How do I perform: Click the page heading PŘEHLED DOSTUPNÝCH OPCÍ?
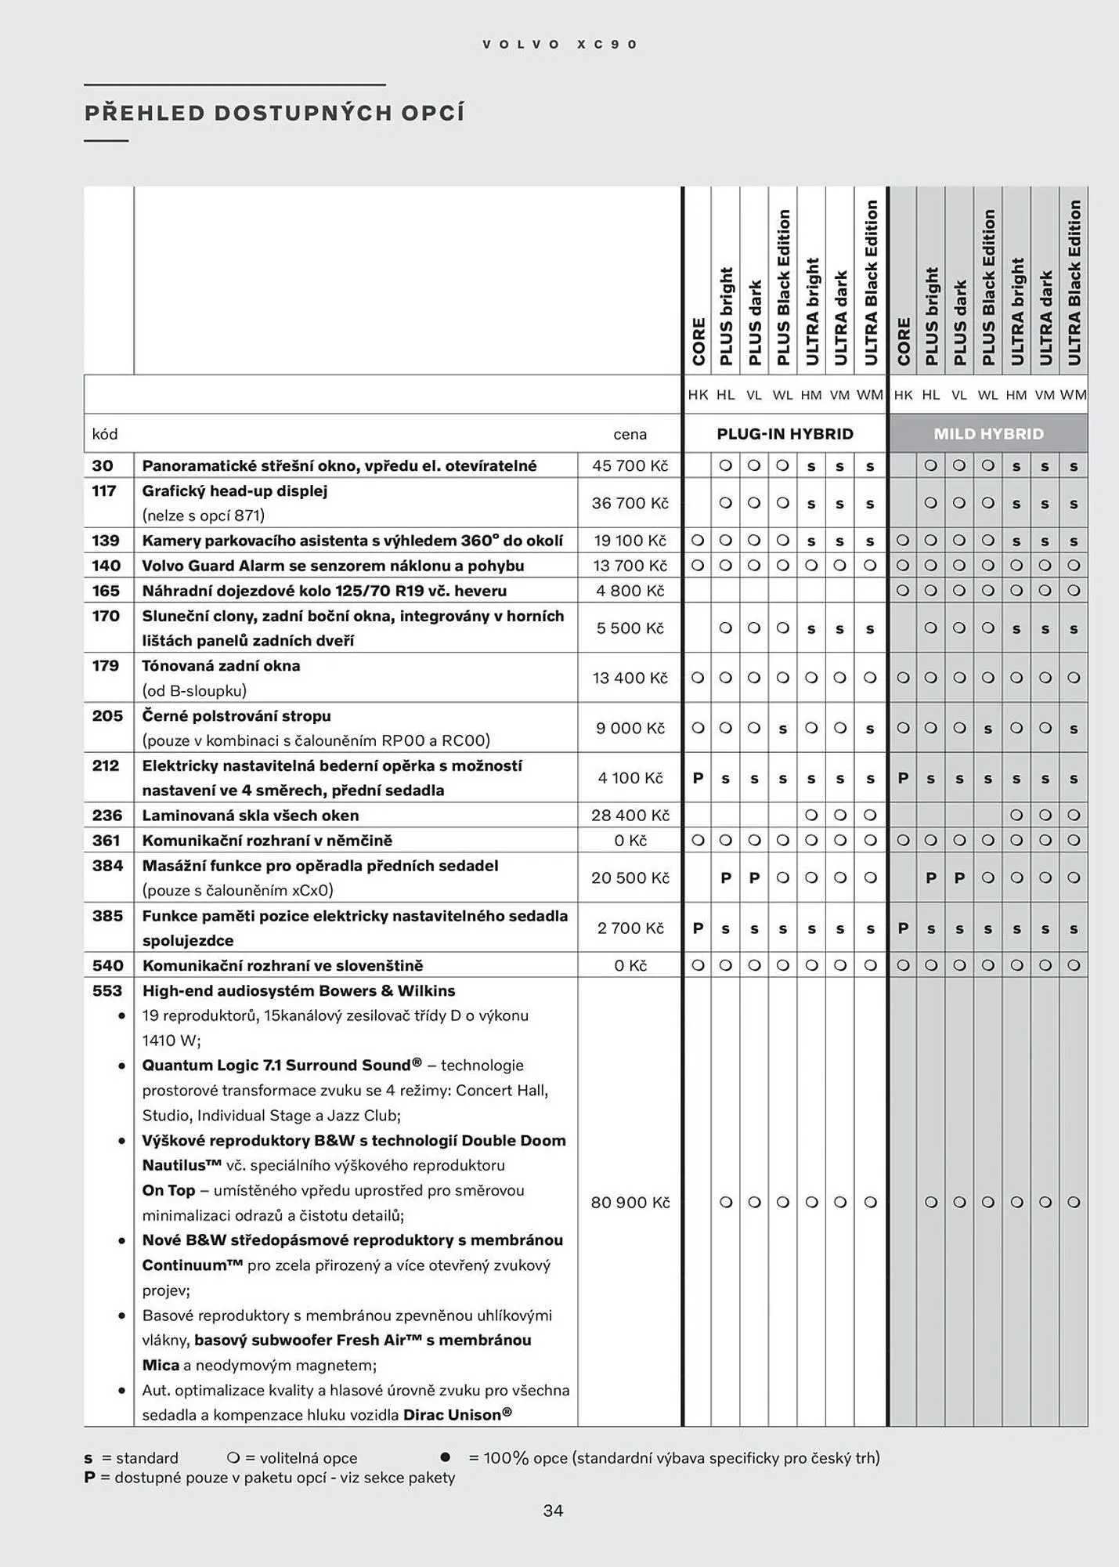[274, 113]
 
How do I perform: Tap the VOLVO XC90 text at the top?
[560, 45]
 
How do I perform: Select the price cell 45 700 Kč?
[630, 465]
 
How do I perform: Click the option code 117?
[104, 491]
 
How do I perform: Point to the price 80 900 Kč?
[630, 1203]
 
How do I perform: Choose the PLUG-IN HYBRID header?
[785, 434]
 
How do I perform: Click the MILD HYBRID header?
[988, 434]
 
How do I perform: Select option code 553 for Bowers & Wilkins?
[107, 990]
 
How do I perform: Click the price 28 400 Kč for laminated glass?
[630, 816]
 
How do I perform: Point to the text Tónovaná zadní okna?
[221, 666]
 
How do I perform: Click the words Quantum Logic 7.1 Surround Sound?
[281, 1066]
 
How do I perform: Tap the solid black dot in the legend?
[446, 1457]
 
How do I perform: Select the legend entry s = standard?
[132, 1458]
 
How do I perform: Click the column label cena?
[630, 434]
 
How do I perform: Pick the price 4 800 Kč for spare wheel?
[630, 591]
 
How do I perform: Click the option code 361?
[106, 841]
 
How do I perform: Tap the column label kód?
[105, 434]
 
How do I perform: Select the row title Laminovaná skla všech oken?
[250, 816]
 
